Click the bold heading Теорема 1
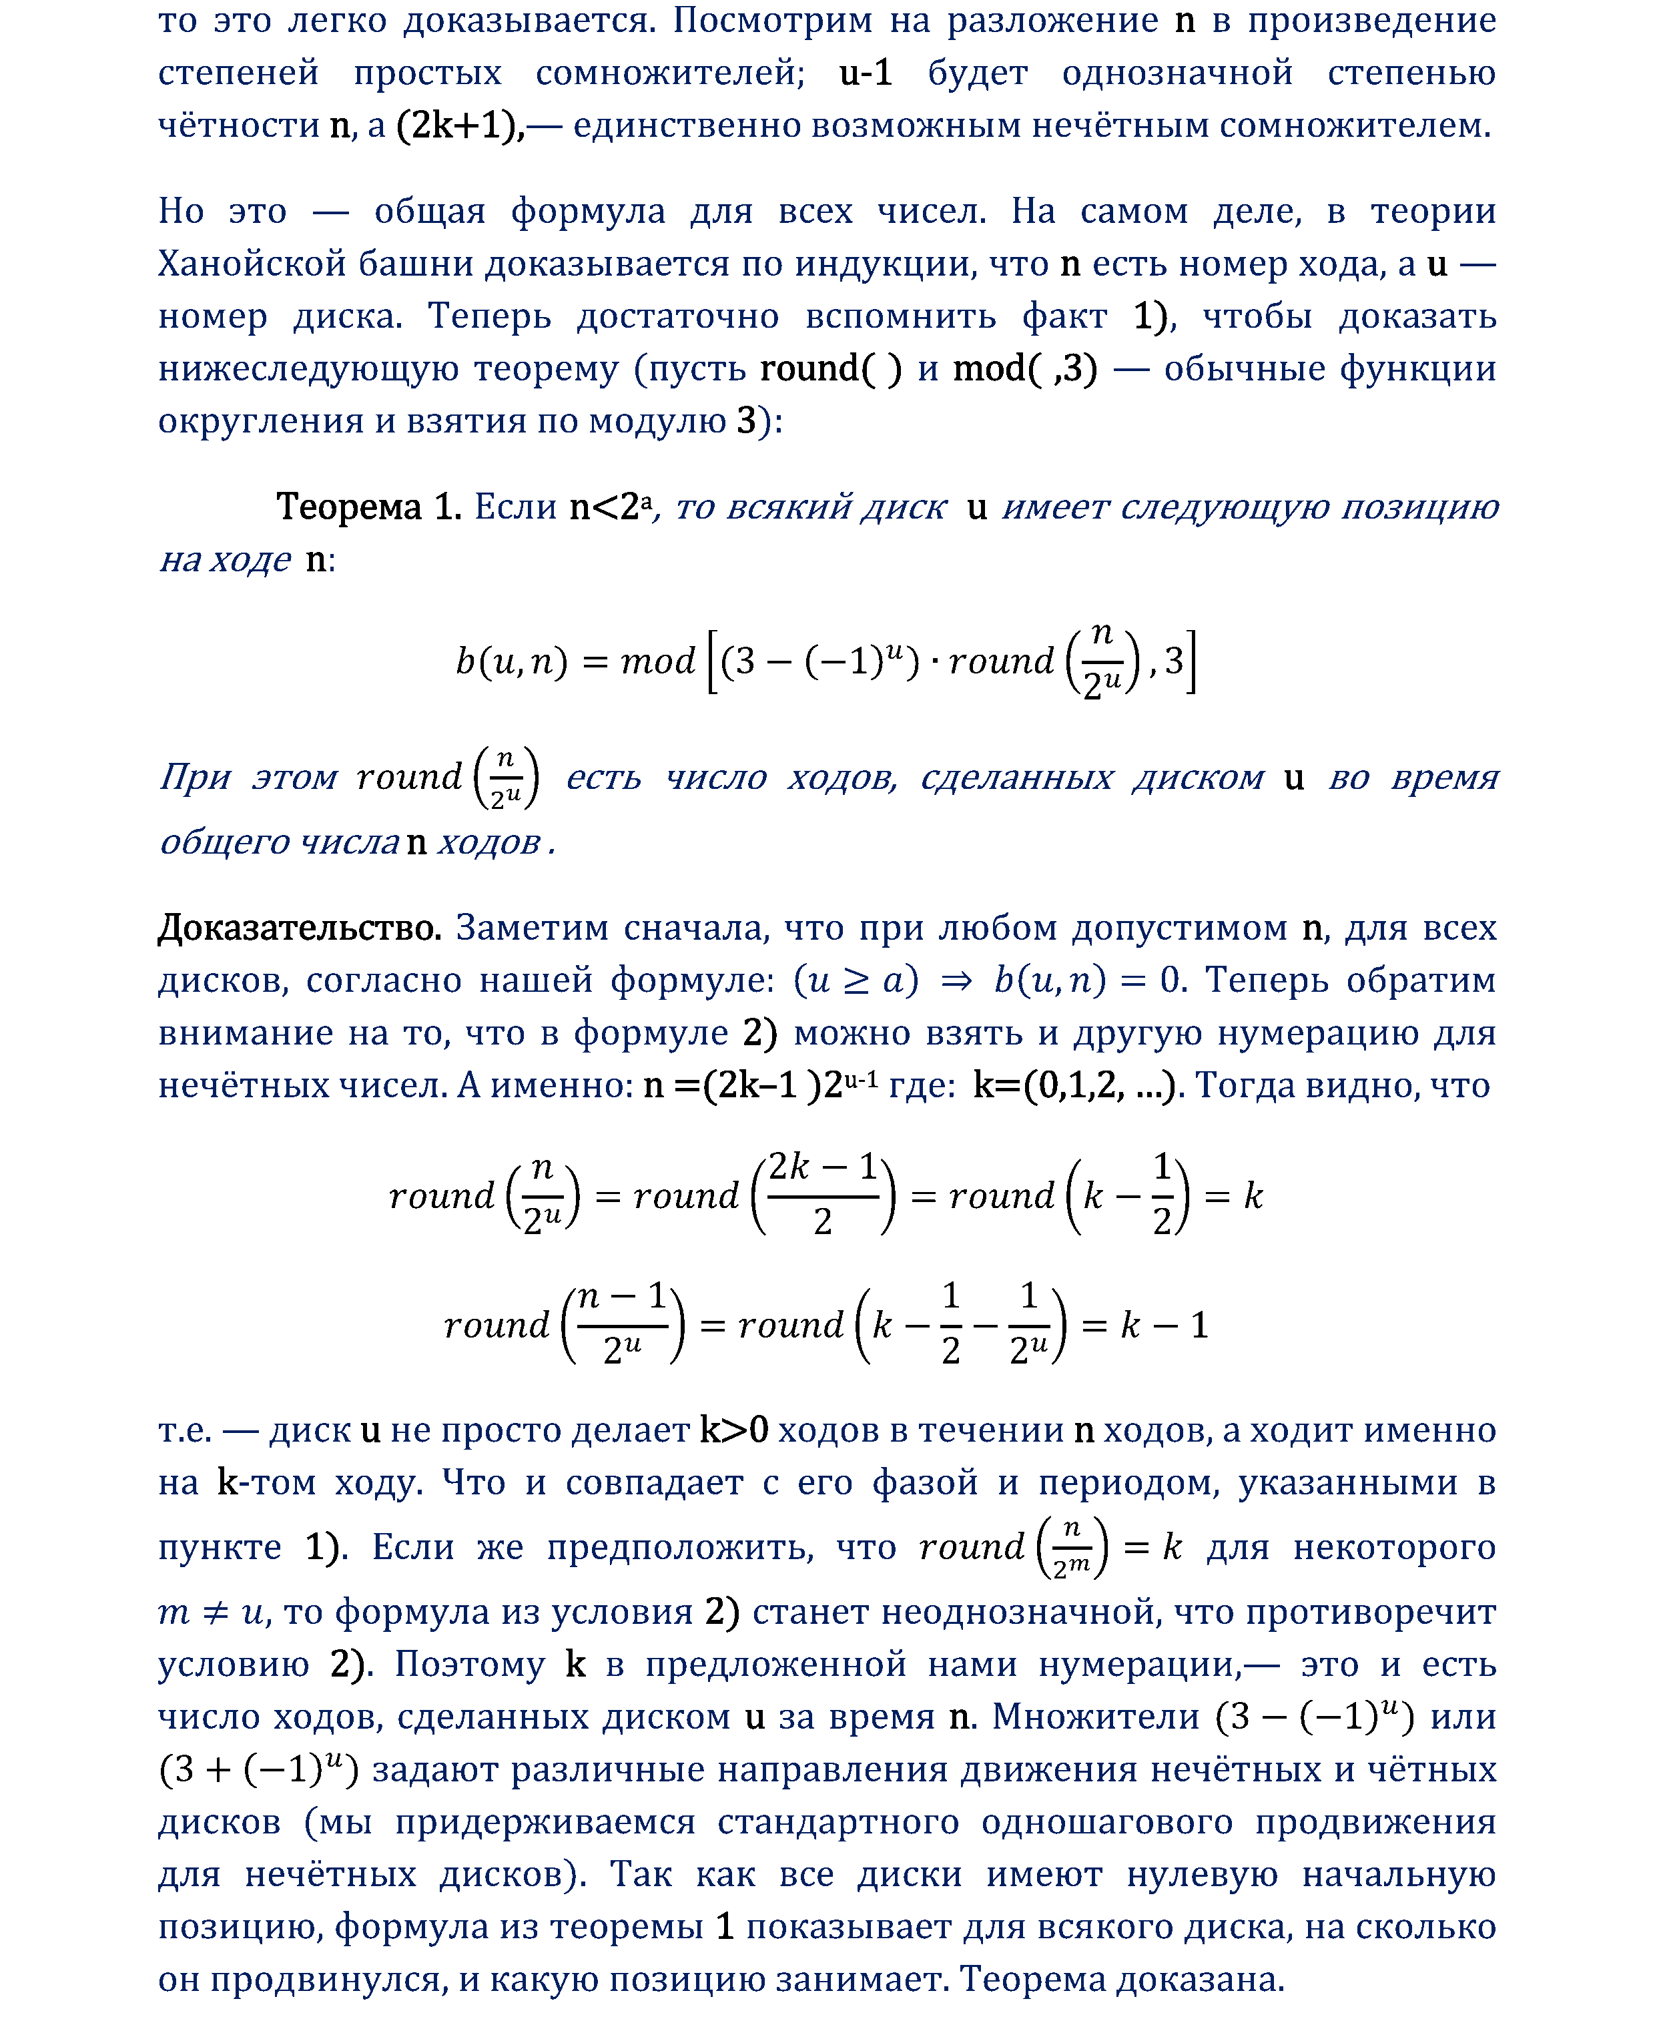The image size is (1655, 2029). pos(368,507)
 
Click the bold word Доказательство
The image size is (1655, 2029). pos(300,927)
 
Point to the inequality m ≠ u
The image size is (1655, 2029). pos(213,1611)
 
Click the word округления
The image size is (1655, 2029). pos(260,420)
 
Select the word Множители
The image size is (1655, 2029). pos(1095,1716)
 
